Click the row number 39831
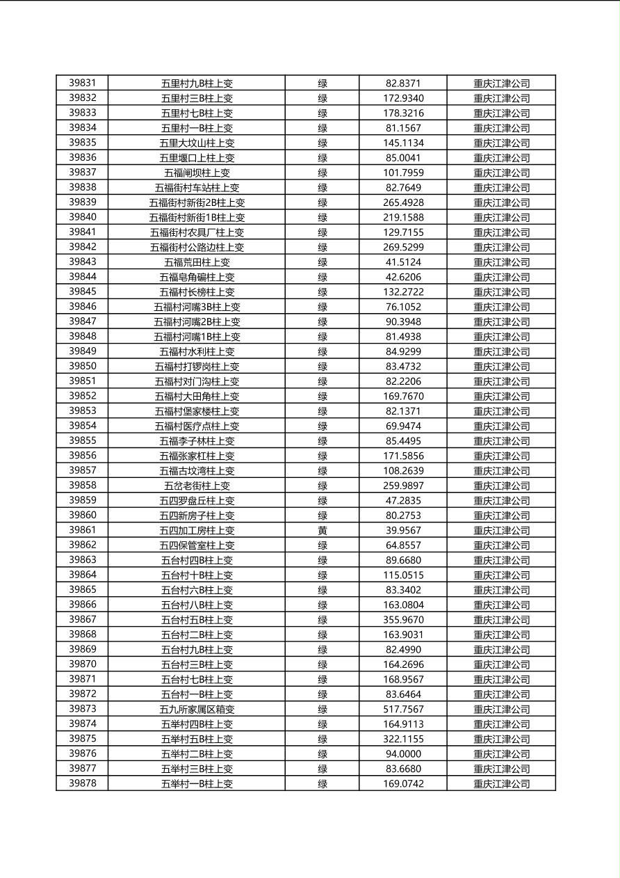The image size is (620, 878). [82, 83]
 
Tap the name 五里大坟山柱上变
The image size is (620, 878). [197, 143]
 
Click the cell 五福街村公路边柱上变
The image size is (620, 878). [197, 247]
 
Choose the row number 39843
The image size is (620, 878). [82, 262]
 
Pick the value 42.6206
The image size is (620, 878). [403, 277]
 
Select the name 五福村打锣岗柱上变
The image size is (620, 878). [197, 367]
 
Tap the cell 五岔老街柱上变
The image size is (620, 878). [197, 486]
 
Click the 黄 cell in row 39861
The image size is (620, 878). [323, 530]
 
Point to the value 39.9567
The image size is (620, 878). [403, 530]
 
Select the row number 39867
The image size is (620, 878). [82, 619]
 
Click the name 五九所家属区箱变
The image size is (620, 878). [197, 709]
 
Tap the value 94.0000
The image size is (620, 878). [403, 753]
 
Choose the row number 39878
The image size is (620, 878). [82, 783]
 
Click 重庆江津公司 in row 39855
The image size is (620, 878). [501, 441]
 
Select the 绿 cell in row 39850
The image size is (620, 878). [323, 367]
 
